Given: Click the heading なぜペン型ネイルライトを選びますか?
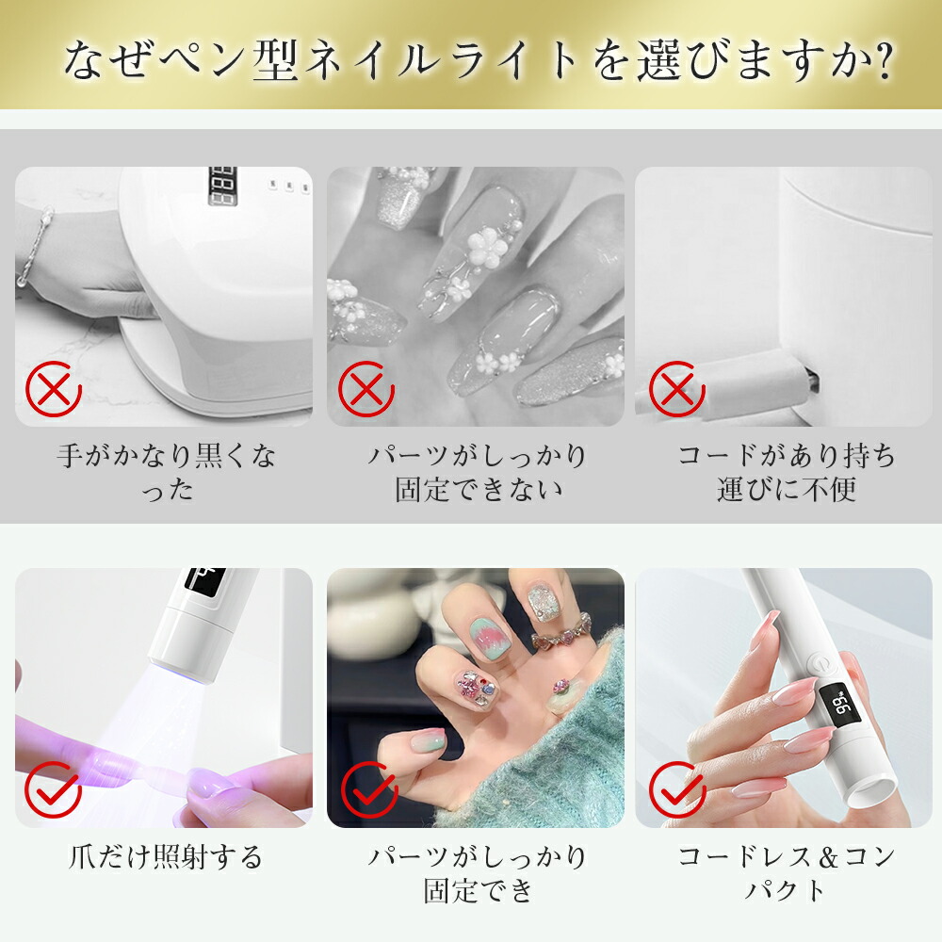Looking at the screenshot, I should coord(477,59).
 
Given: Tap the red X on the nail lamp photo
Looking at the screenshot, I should coord(54,388).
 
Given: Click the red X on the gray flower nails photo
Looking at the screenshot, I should coord(366,388).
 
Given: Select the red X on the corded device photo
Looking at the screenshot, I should coord(676,388).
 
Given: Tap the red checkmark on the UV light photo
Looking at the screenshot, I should coord(54,789).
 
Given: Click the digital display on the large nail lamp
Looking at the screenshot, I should coord(222,187).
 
